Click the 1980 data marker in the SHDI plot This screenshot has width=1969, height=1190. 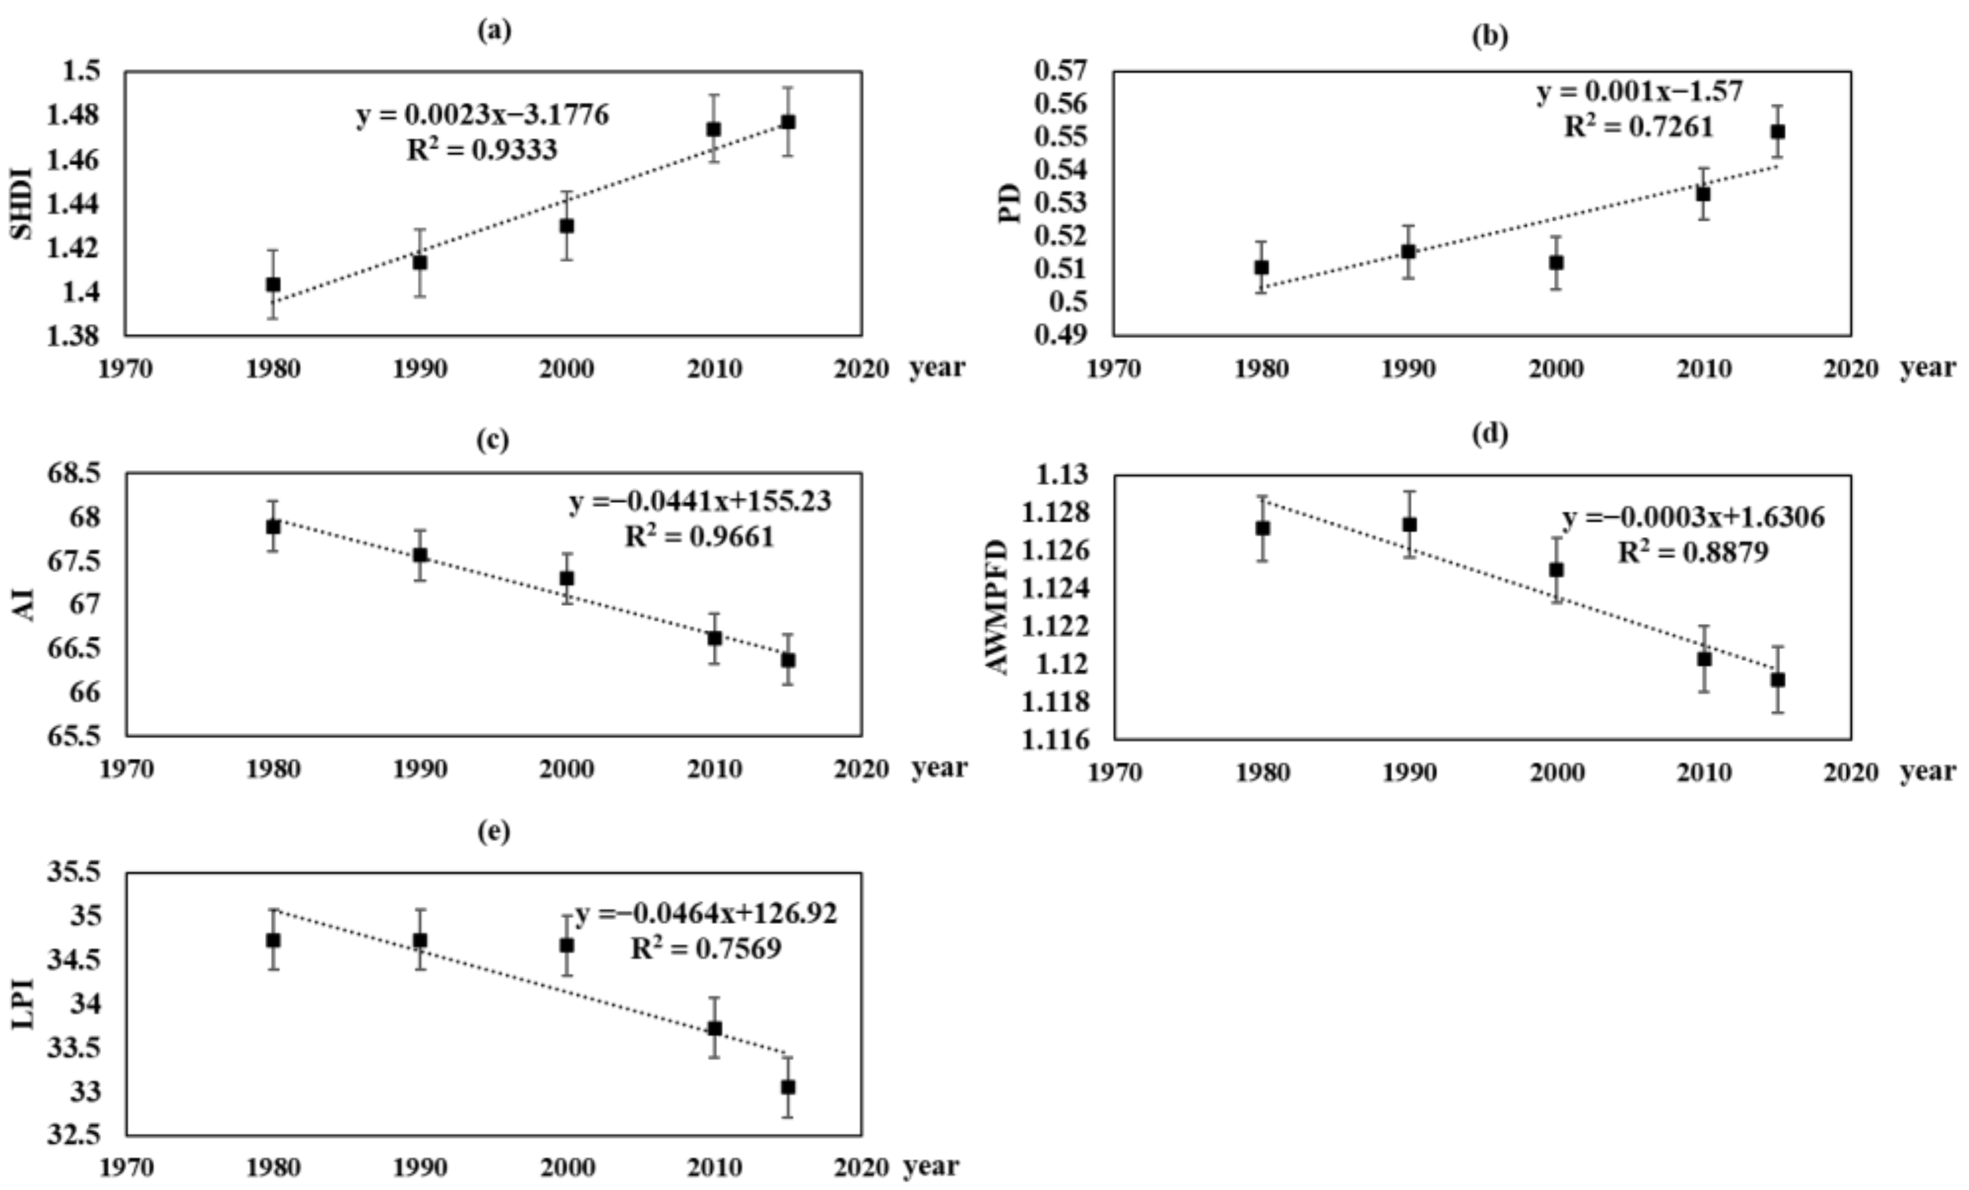coord(273,285)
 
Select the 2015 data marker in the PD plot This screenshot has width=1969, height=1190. coord(1778,132)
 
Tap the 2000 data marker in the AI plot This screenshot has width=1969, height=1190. coord(567,578)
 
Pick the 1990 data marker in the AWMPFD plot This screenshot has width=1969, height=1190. coord(1410,525)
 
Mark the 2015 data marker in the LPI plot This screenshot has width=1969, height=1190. coord(788,1087)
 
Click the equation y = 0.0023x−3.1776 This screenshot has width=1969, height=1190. coord(482,115)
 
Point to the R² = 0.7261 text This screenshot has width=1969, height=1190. coord(1638,127)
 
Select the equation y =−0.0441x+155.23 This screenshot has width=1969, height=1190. coord(700,501)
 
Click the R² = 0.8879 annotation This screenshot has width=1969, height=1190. coord(1692,551)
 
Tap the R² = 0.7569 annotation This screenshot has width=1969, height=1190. coord(706,949)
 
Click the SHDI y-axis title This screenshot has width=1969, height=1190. coord(22,203)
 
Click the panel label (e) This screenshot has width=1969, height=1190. coord(493,831)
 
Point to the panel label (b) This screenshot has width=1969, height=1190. coord(1490,36)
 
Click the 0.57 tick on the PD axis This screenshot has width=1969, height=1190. coord(1061,71)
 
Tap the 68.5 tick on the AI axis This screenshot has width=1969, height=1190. coord(73,473)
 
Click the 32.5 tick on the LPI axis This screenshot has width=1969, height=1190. coord(73,1135)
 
